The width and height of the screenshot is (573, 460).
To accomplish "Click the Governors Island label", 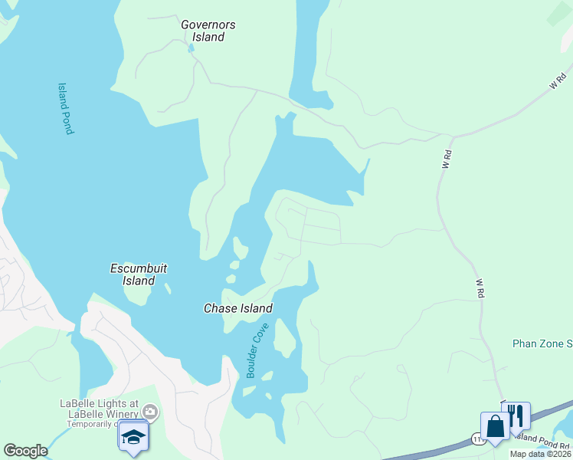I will point(208,31).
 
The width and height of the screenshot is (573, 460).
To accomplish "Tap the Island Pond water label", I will point(66,109).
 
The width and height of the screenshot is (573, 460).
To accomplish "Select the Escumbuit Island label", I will point(139,274).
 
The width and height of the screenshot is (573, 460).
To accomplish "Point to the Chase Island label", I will point(237,308).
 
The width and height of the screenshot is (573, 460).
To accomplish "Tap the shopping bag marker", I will point(495,426).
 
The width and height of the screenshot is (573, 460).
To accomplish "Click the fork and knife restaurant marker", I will point(516,416).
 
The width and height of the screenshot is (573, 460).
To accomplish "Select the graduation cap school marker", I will point(133,435).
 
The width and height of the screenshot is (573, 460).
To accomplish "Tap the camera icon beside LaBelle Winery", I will point(151,412).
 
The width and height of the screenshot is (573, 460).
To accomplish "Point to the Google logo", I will point(25,451).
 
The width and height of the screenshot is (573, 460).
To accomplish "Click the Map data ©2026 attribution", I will point(541,454).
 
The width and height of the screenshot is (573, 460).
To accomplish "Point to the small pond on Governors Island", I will point(191,47).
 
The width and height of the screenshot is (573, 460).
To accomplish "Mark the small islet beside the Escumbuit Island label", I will point(167,291).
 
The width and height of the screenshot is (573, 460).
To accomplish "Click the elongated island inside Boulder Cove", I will point(284,338).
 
